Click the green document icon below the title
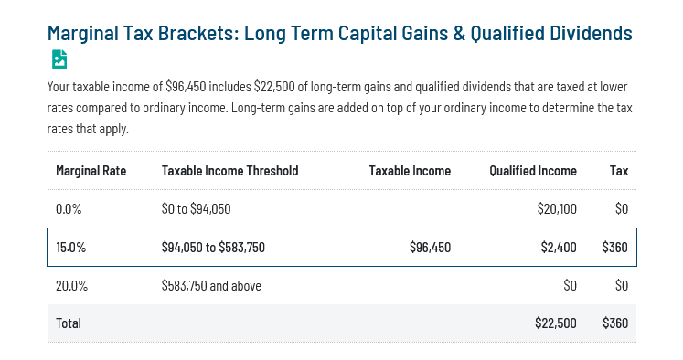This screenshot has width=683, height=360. [59, 60]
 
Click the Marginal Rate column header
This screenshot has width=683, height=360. [91, 171]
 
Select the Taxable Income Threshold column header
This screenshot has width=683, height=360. [229, 171]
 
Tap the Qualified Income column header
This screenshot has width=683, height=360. [532, 171]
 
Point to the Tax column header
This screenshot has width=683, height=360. [619, 171]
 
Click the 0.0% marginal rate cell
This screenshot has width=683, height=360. [69, 209]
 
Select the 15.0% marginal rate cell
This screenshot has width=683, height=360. [70, 248]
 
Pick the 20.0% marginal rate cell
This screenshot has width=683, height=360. [71, 286]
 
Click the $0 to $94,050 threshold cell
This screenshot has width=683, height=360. [196, 209]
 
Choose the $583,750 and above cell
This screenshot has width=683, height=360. [211, 286]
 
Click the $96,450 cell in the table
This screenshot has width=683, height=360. [430, 248]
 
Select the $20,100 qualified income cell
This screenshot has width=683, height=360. [556, 209]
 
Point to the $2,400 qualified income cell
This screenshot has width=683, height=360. [558, 248]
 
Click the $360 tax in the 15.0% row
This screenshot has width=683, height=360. [614, 248]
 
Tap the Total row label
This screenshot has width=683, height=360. [69, 323]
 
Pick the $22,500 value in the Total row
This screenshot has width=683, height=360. [555, 323]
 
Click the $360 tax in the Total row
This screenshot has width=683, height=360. [614, 323]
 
